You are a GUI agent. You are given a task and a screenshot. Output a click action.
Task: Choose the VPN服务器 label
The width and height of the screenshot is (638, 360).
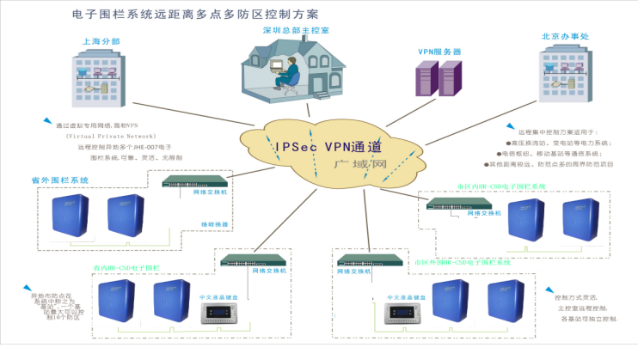click(x=439, y=52)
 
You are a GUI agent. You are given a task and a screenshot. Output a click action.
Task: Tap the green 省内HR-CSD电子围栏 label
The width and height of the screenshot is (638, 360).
click(x=127, y=269)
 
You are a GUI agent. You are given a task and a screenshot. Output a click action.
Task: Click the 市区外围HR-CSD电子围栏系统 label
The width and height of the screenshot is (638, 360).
click(x=463, y=261)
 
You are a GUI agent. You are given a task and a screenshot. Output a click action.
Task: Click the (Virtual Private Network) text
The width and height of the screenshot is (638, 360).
click(x=106, y=136)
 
